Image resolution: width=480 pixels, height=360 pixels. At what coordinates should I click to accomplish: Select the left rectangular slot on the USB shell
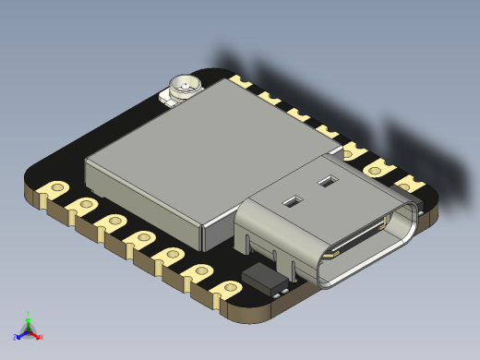click(x=292, y=200)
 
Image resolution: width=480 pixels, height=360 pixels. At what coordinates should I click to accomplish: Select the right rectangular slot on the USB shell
click(x=326, y=182)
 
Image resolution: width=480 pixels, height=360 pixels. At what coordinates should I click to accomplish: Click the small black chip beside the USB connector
click(x=264, y=279)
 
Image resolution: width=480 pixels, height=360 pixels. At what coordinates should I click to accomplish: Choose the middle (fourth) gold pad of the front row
click(x=143, y=238)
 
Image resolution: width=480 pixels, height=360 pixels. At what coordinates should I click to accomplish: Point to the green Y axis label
click(x=29, y=313)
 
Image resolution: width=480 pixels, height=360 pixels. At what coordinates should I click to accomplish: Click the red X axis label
click(x=41, y=337)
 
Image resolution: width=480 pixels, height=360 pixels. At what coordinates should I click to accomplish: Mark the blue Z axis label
click(x=15, y=337)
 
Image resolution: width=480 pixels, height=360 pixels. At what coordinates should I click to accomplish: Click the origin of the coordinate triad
click(x=28, y=330)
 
